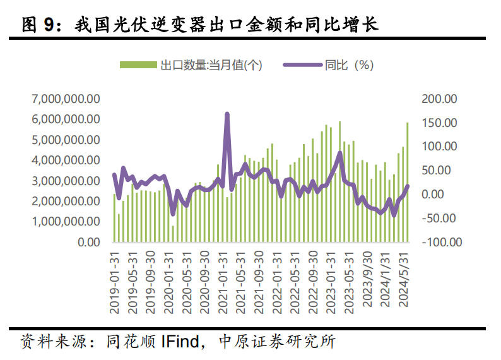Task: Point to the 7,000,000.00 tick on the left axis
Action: pyautogui.click(x=65, y=99)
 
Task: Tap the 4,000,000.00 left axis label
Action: pyautogui.click(x=65, y=160)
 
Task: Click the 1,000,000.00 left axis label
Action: pyautogui.click(x=65, y=222)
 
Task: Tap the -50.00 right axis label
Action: pyautogui.click(x=442, y=218)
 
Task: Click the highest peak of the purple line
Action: pyautogui.click(x=227, y=114)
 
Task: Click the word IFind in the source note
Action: pyautogui.click(x=182, y=342)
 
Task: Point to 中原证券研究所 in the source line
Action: pyautogui.click(x=276, y=342)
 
